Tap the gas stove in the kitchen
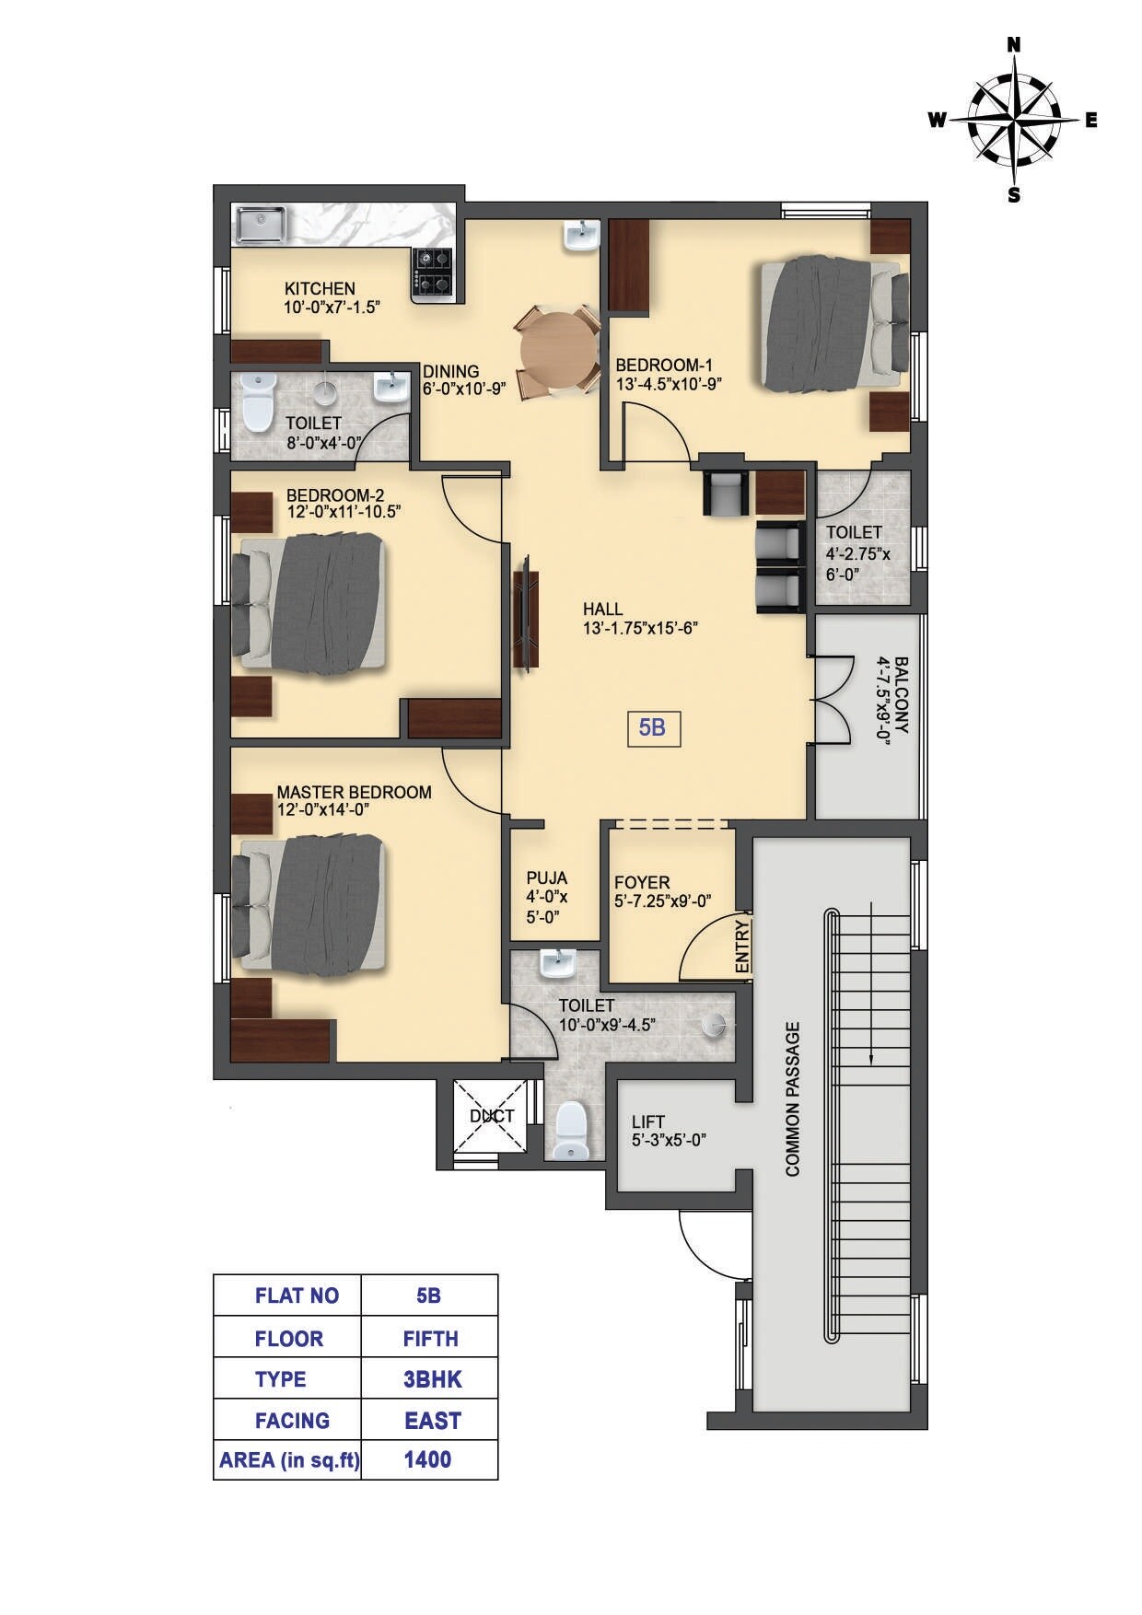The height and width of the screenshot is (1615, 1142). pos(433,273)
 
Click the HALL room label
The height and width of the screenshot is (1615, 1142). pos(602,610)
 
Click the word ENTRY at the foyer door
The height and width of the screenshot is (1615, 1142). pos(743,947)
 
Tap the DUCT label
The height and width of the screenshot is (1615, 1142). pos(492,1116)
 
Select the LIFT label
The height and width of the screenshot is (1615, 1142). pos(647,1122)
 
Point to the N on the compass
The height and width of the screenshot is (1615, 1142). pos(1014,44)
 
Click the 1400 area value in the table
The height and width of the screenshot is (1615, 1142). pos(428,1459)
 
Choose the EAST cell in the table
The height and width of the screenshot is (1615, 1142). pos(432,1421)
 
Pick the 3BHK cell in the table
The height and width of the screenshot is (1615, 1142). pos(432,1379)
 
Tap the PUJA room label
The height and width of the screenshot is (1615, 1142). pos(547,877)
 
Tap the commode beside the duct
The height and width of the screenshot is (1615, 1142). pos(572,1131)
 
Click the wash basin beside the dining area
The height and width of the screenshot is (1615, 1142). pos(580,237)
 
